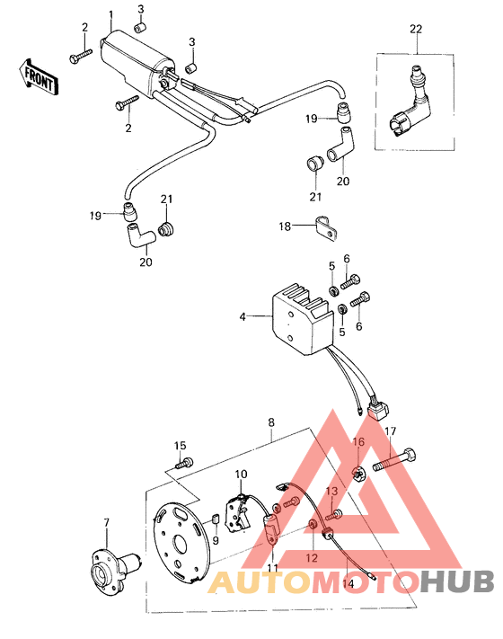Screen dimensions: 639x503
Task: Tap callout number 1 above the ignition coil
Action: [x=110, y=15]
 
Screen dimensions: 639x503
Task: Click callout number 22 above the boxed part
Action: [x=415, y=30]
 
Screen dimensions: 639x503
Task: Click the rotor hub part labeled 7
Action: [x=113, y=572]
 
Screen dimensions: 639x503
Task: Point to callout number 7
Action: [x=105, y=522]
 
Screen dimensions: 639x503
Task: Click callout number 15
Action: [x=180, y=446]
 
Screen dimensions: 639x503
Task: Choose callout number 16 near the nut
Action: [x=358, y=442]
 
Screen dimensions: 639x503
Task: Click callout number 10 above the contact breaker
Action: [x=241, y=474]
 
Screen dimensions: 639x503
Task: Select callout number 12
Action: [x=312, y=556]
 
